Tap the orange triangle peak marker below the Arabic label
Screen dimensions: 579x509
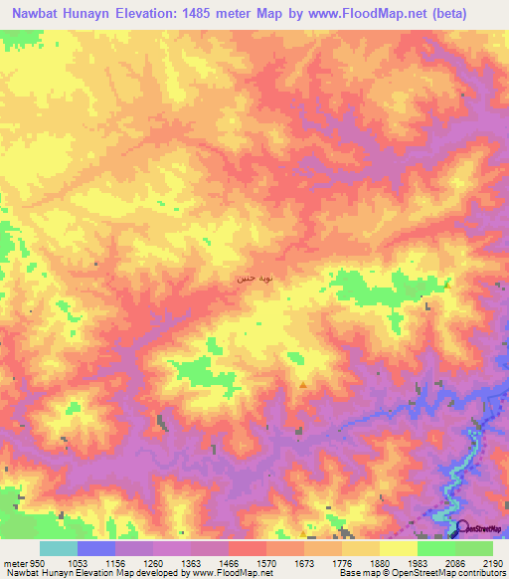click(x=302, y=384)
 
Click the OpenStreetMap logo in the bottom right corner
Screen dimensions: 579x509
click(x=479, y=528)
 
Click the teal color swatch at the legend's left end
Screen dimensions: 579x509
click(x=58, y=548)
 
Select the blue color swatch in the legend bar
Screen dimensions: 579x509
click(x=95, y=548)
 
